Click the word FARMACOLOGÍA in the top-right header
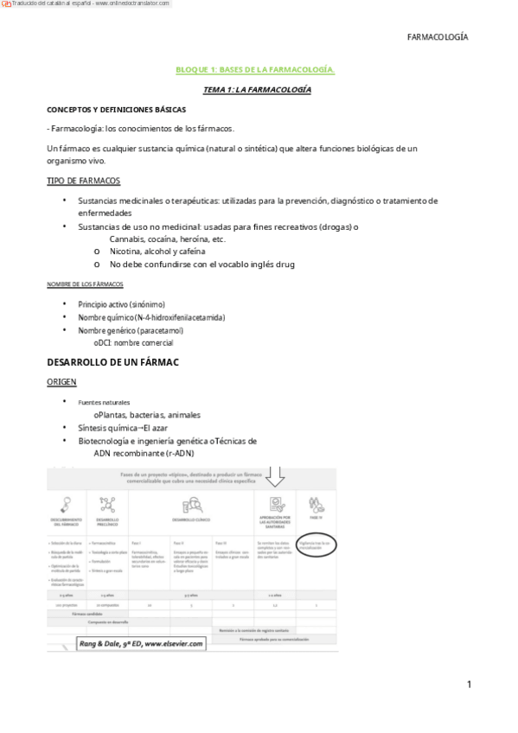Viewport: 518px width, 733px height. point(437,37)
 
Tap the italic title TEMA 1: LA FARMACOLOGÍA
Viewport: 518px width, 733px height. point(256,89)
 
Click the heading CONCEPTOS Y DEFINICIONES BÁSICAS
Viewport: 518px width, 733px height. point(116,110)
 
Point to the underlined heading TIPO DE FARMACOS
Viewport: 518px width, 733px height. point(83,181)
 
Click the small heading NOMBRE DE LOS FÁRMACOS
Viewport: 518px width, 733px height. point(84,284)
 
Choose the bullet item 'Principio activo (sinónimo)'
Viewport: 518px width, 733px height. point(121,304)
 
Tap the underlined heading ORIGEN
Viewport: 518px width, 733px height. point(61,380)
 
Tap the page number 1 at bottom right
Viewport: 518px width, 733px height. point(469,685)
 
